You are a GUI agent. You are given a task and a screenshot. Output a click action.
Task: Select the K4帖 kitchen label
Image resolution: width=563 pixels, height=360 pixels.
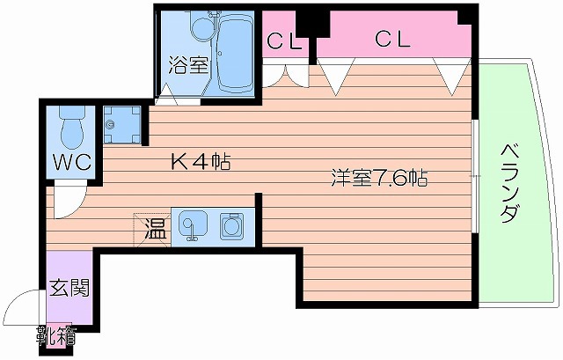201,161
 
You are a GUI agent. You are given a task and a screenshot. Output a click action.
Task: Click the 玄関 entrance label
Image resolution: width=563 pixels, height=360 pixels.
68,288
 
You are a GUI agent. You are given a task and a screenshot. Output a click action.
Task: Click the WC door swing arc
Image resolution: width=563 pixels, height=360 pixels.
68,195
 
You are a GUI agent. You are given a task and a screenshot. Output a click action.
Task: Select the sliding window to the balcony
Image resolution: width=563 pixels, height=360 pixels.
476,176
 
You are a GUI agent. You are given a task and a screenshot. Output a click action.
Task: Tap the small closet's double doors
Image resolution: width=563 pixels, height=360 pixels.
289,76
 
